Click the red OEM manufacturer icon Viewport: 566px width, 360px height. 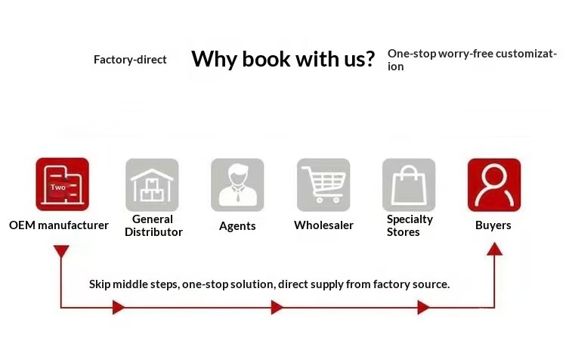click(x=63, y=185)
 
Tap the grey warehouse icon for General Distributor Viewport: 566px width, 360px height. click(x=152, y=185)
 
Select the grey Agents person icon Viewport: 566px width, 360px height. click(x=237, y=185)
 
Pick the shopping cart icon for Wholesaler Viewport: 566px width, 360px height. click(x=323, y=185)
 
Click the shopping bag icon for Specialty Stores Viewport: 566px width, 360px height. click(x=409, y=185)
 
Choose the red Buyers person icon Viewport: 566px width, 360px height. click(x=494, y=185)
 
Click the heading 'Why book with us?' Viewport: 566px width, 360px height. click(x=283, y=59)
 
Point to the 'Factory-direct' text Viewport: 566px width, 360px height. click(x=130, y=60)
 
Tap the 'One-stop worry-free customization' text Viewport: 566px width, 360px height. click(x=472, y=60)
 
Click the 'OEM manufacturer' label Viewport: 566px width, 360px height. click(x=59, y=225)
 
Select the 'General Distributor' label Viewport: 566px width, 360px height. click(x=153, y=225)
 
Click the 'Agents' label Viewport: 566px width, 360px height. click(x=237, y=226)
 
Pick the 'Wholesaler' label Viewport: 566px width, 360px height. click(x=323, y=225)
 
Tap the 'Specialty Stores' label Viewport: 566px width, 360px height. click(x=410, y=225)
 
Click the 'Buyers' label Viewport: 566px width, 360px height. click(x=493, y=225)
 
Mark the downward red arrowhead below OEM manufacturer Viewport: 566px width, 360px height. click(x=61, y=251)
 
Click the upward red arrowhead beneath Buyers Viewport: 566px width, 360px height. click(x=494, y=249)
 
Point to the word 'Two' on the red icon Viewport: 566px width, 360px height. click(x=57, y=188)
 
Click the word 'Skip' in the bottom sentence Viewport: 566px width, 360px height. click(x=100, y=284)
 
